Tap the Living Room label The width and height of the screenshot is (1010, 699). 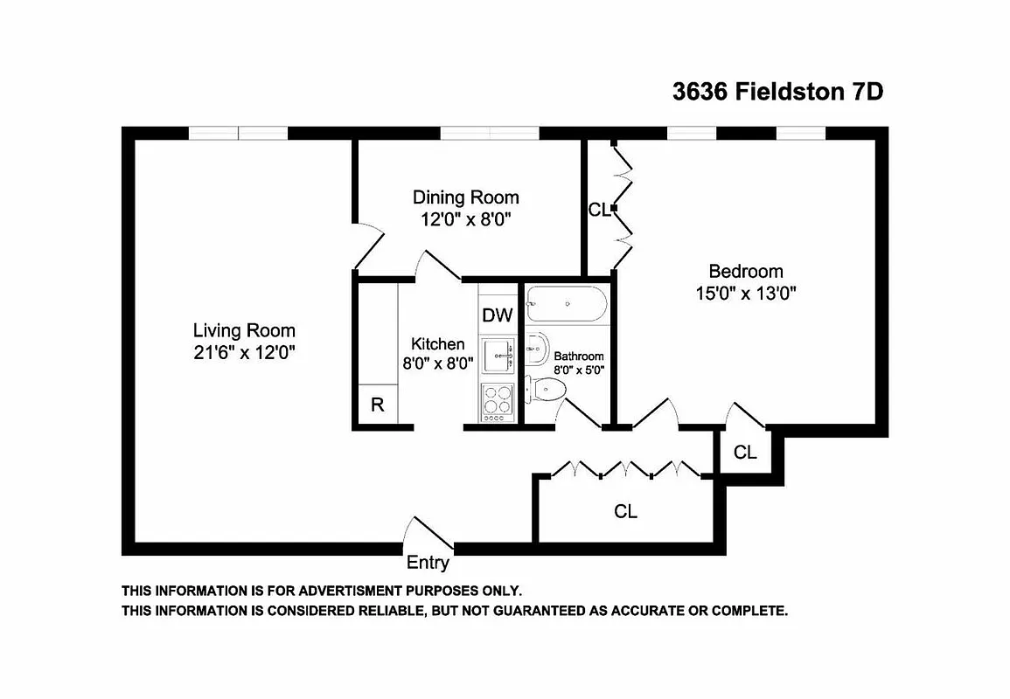tap(244, 330)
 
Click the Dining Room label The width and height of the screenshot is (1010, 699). tap(465, 197)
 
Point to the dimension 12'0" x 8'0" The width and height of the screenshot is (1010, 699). tap(465, 219)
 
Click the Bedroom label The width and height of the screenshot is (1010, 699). tap(745, 271)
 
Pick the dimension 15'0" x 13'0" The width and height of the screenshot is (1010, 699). tap(745, 294)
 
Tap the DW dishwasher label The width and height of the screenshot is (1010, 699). tap(498, 315)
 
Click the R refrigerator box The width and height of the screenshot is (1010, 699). tap(378, 405)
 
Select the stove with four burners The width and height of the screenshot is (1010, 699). tap(498, 402)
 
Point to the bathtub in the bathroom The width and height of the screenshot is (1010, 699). tap(566, 303)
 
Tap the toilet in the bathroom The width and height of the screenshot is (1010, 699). tap(547, 388)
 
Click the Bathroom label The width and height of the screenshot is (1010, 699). tap(579, 356)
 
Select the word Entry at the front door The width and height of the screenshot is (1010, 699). tap(428, 563)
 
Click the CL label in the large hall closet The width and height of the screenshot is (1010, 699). tap(625, 512)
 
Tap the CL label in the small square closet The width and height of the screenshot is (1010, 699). tap(745, 453)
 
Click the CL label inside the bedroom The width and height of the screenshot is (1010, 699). tap(598, 210)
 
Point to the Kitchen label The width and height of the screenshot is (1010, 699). tap(437, 344)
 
